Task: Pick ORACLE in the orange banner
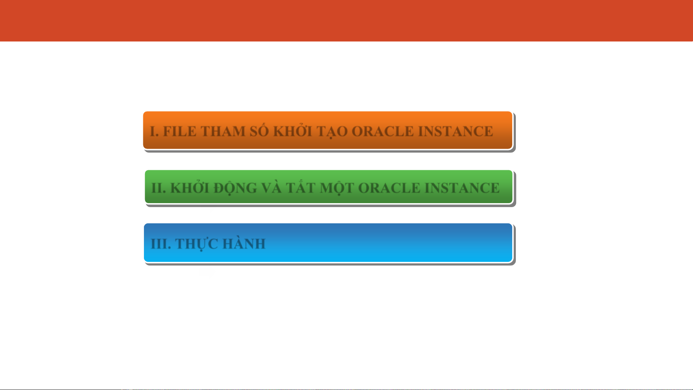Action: pyautogui.click(x=383, y=131)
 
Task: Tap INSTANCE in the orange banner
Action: pyautogui.click(x=456, y=131)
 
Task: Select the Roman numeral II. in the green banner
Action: pyautogui.click(x=159, y=188)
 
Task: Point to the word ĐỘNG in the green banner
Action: pyautogui.click(x=235, y=188)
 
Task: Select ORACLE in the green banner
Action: pyautogui.click(x=389, y=188)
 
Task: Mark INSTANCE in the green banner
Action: pyautogui.click(x=462, y=188)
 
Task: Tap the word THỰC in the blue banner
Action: pyautogui.click(x=197, y=244)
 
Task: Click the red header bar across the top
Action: pyautogui.click(x=346, y=21)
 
